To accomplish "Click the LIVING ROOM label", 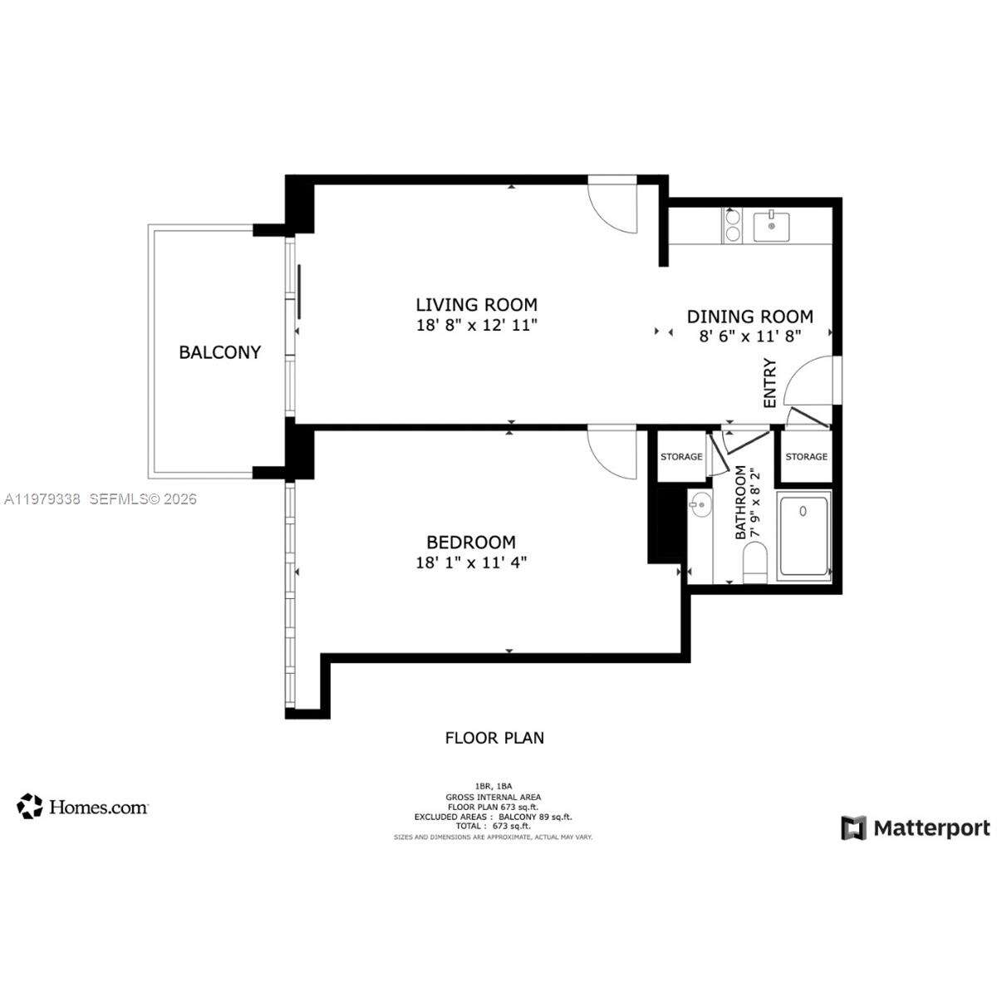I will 476,304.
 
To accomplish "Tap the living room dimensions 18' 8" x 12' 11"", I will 476,325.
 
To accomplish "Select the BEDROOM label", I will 471,542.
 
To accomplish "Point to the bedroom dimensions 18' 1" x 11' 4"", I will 471,562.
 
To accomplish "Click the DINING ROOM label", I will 749,316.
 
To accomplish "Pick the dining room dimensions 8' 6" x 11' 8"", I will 749,336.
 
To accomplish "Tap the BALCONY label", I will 219,352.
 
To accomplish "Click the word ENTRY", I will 769,383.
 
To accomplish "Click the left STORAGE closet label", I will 681,457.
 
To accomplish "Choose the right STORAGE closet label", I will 806,457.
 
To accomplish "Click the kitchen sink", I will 773,226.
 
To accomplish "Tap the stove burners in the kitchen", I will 733,226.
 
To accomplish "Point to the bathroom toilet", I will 755,562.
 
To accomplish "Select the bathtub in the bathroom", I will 803,536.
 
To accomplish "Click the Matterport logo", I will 916,828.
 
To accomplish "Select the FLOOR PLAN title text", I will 494,738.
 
